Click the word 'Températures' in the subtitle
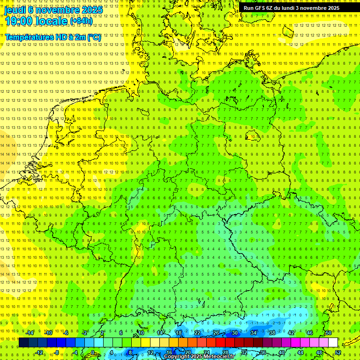pyautogui.click(x=29, y=37)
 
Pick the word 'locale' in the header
pyautogui.click(x=51, y=21)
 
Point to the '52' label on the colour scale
pyautogui.click(x=338, y=352)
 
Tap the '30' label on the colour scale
pyautogui.click(x=235, y=333)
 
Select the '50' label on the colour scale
pyautogui.click(x=329, y=333)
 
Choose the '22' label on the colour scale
pyautogui.click(x=197, y=333)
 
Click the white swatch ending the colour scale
pyautogui.click(x=333, y=343)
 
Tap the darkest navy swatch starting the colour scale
pyautogui.click(x=23, y=343)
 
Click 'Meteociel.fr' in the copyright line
pyautogui.click(x=219, y=356)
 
